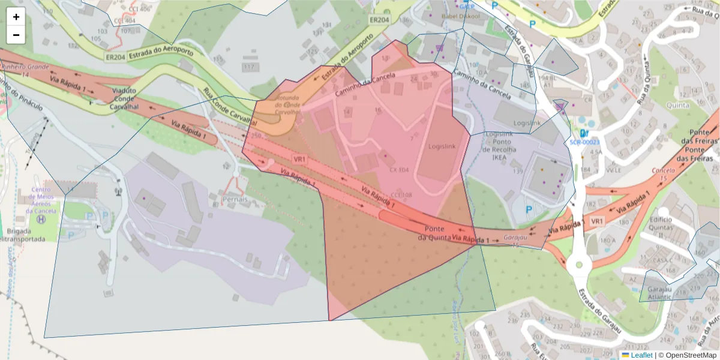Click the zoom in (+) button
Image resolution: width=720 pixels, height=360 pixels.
click(x=16, y=17)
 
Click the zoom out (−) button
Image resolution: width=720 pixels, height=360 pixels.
click(x=16, y=35)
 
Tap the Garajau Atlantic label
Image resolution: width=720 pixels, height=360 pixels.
click(x=664, y=293)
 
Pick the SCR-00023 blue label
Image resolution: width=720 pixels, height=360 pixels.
click(x=584, y=142)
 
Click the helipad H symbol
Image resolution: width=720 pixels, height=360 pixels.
click(x=41, y=220)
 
